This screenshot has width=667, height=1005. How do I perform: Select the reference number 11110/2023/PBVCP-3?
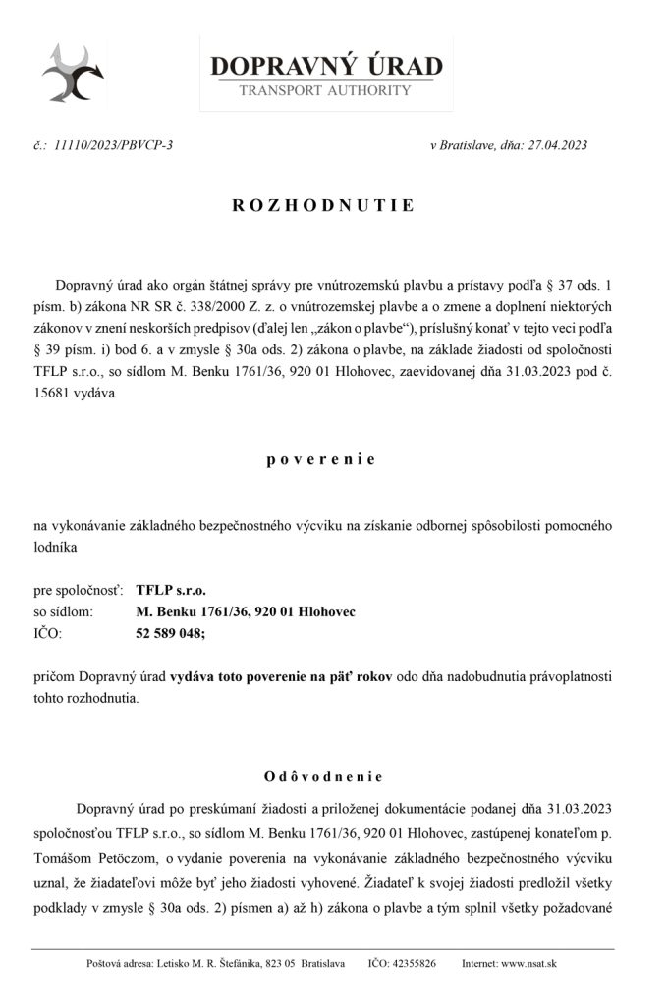pyautogui.click(x=115, y=147)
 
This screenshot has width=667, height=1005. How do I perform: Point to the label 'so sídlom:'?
pyautogui.click(x=64, y=612)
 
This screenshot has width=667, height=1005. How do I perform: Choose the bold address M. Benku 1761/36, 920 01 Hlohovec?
pyautogui.click(x=246, y=612)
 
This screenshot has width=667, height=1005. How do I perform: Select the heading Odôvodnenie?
pyautogui.click(x=325, y=777)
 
